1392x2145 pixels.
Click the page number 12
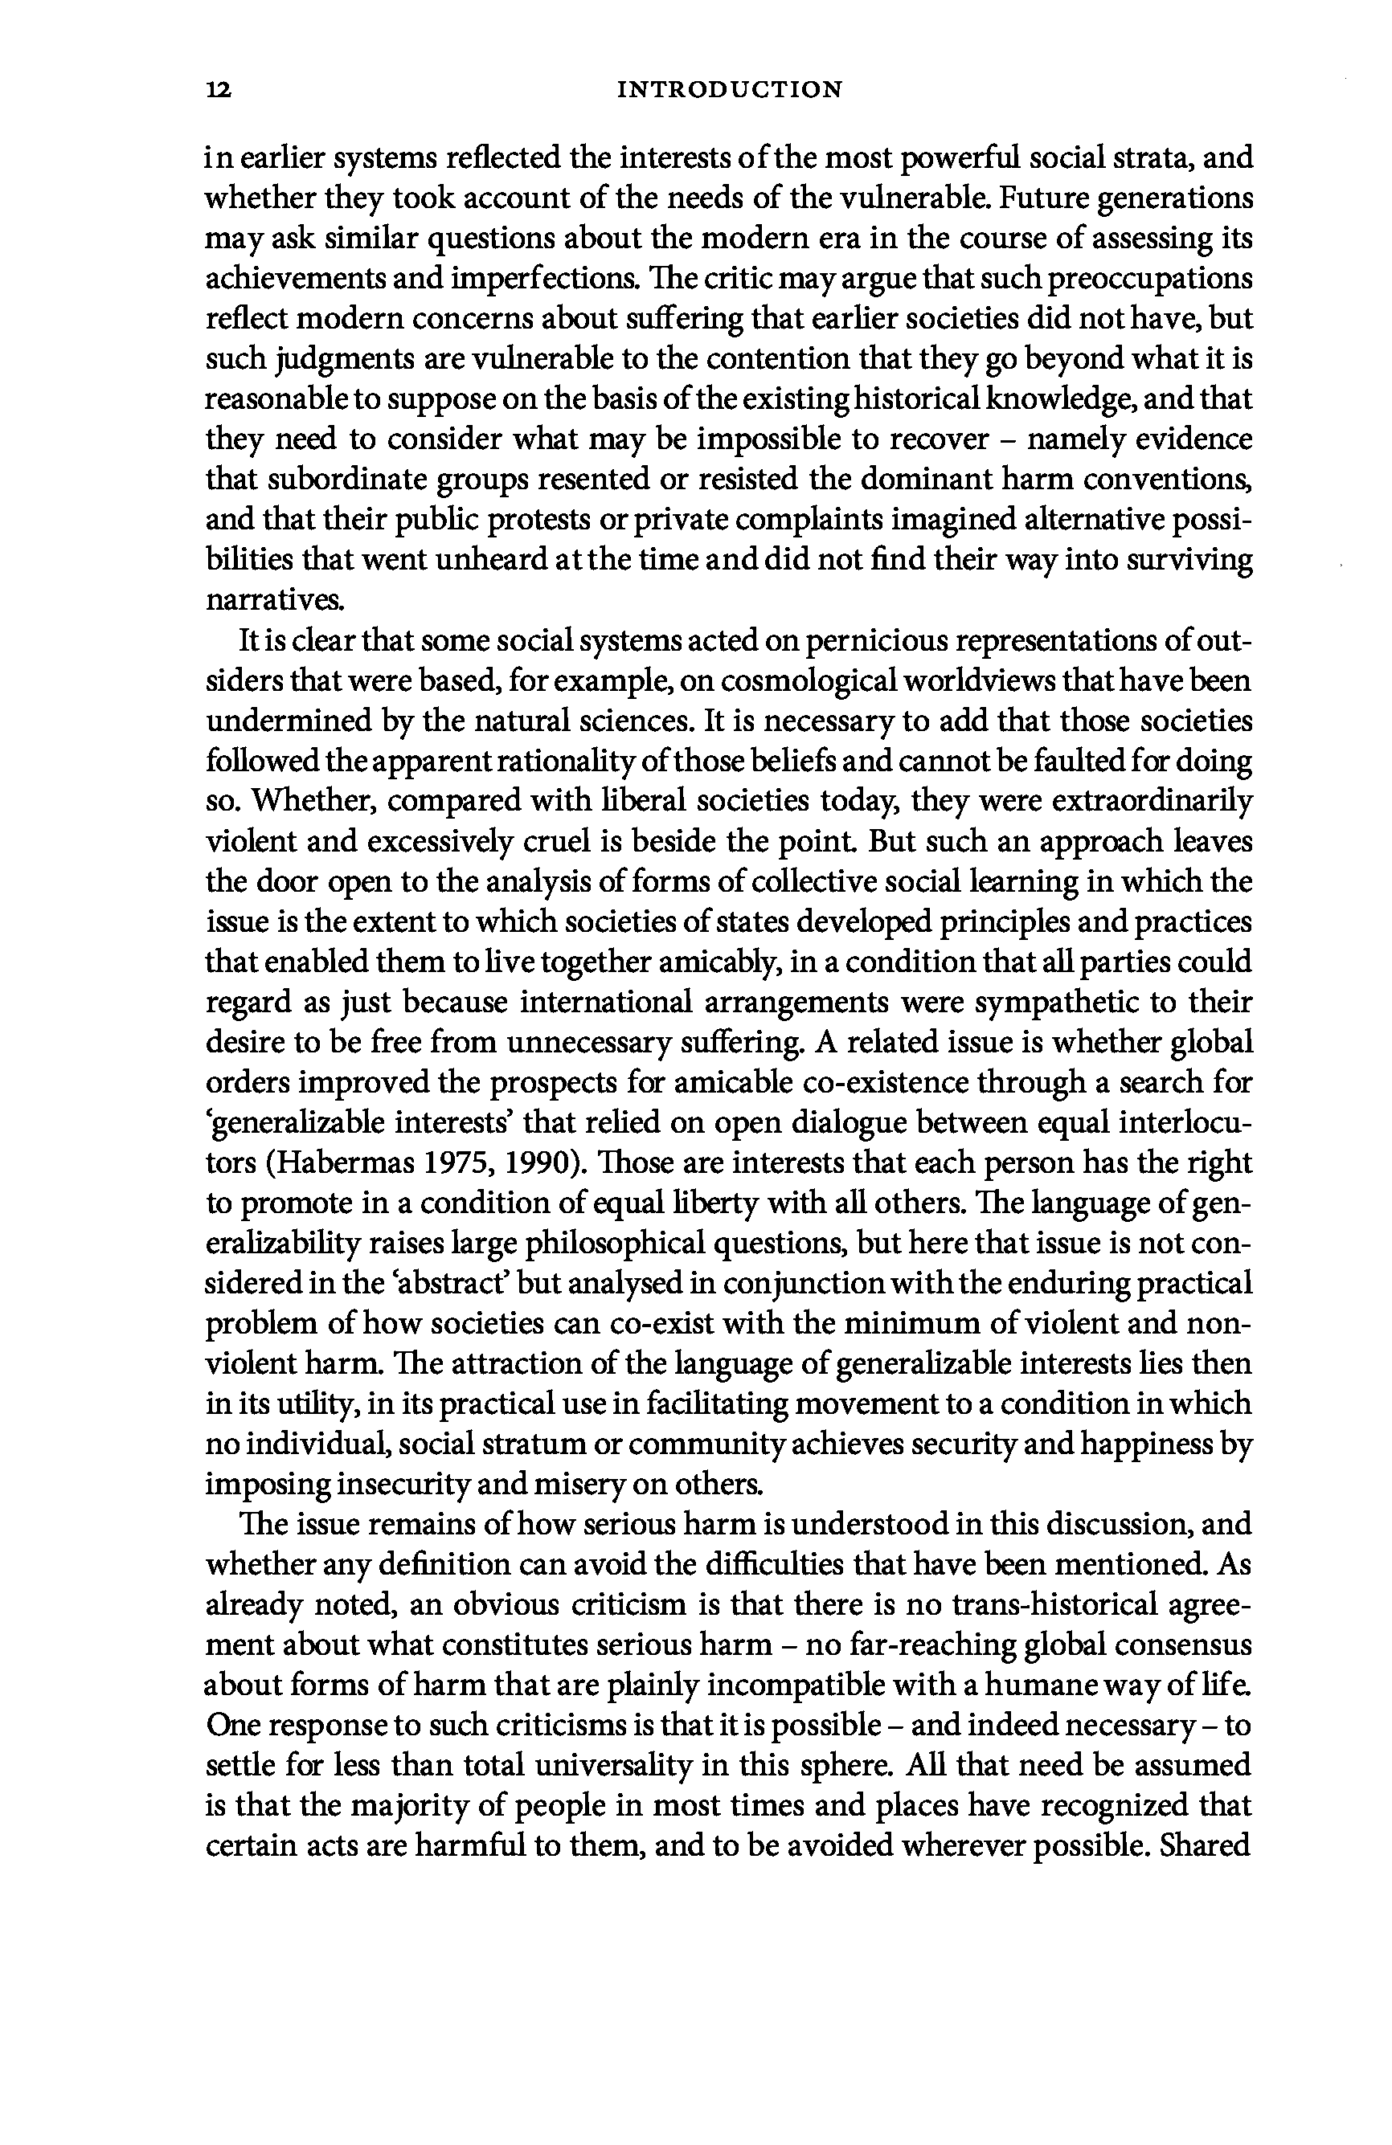click(x=219, y=90)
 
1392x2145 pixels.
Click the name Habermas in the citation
click(x=350, y=1163)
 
